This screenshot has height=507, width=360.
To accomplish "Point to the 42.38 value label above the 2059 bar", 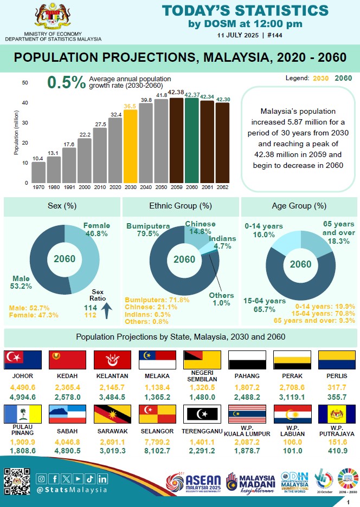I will [x=176, y=93].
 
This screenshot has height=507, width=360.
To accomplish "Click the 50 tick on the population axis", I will [x=25, y=82].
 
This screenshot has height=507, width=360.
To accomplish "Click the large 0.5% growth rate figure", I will [x=66, y=82].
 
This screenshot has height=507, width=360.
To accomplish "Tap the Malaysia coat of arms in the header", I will [x=53, y=16].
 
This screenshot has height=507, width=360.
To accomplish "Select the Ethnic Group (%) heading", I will [x=180, y=206].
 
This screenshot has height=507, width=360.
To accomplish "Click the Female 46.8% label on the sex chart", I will [x=97, y=229].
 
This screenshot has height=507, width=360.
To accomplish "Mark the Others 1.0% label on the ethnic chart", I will [x=222, y=299].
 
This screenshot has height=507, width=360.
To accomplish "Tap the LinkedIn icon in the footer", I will [x=103, y=478].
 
